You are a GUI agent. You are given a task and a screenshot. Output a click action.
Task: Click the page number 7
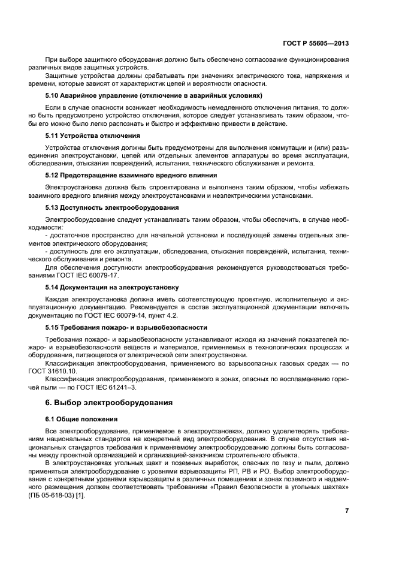(x=346, y=510)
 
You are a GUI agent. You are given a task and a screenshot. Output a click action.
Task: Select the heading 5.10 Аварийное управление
(x=154, y=95)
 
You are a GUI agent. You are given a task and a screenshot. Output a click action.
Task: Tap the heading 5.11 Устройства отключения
(x=93, y=135)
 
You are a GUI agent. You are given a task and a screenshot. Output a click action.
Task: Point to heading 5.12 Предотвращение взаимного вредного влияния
(x=131, y=175)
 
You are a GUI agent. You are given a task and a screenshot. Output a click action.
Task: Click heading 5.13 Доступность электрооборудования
(x=112, y=207)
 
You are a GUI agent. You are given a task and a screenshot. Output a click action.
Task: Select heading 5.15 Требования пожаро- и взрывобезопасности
(x=126, y=327)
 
